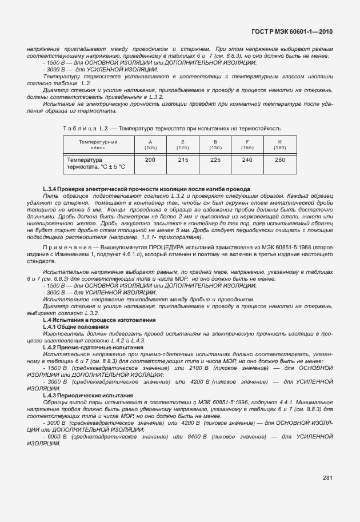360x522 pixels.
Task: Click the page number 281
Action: click(327, 477)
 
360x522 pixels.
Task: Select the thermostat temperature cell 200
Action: click(150, 160)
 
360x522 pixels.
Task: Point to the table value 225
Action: click(215, 160)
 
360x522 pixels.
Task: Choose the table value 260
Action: click(279, 160)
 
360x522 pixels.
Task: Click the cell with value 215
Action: click(183, 160)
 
